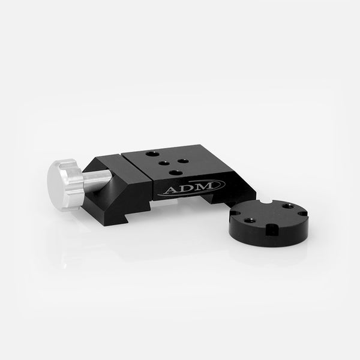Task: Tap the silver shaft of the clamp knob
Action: pos(97,181)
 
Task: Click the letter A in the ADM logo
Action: pos(171,190)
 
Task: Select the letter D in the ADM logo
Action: pos(186,188)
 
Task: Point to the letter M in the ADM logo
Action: pos(204,186)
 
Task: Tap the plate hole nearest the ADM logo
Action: pos(175,172)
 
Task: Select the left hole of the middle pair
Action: pos(163,163)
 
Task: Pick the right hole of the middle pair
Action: pos(183,161)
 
